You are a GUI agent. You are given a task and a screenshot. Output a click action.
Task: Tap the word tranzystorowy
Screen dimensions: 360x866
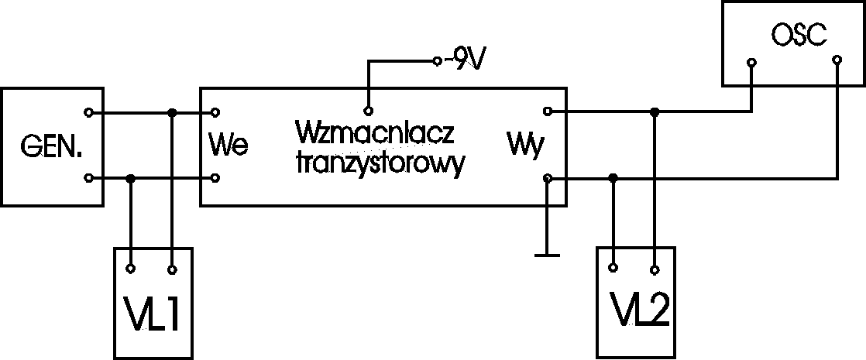(380, 164)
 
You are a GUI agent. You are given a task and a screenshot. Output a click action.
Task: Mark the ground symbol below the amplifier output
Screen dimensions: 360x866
(548, 252)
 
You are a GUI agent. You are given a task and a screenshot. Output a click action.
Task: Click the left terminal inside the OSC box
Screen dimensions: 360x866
(751, 61)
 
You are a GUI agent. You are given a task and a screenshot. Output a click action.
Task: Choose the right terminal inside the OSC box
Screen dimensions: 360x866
(837, 60)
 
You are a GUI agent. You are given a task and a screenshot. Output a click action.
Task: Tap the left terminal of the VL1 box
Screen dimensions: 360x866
(132, 269)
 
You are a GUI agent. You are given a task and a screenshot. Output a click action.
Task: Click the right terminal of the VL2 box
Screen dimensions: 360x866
(655, 269)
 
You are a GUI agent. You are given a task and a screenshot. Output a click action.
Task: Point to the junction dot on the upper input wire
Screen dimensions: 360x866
(172, 113)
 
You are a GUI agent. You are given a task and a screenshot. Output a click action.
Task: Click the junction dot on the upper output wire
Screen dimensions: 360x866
(655, 113)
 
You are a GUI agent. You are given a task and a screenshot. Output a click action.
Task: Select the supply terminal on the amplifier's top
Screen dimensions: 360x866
(369, 109)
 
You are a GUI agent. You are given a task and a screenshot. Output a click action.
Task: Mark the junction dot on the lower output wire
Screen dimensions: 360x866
(613, 179)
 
